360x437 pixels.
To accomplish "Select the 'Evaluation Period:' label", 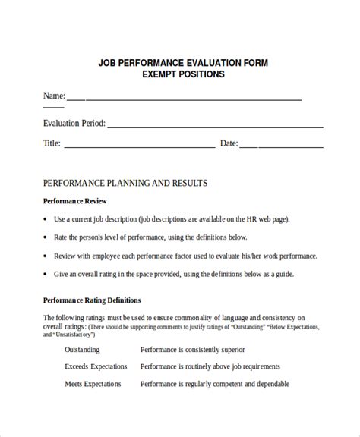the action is click(x=74, y=122).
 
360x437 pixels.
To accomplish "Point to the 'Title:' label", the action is click(x=52, y=143).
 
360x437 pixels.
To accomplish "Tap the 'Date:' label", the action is click(x=229, y=143).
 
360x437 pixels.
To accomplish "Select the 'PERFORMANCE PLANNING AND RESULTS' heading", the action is click(x=125, y=184).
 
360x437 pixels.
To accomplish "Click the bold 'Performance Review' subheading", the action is click(x=74, y=201).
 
